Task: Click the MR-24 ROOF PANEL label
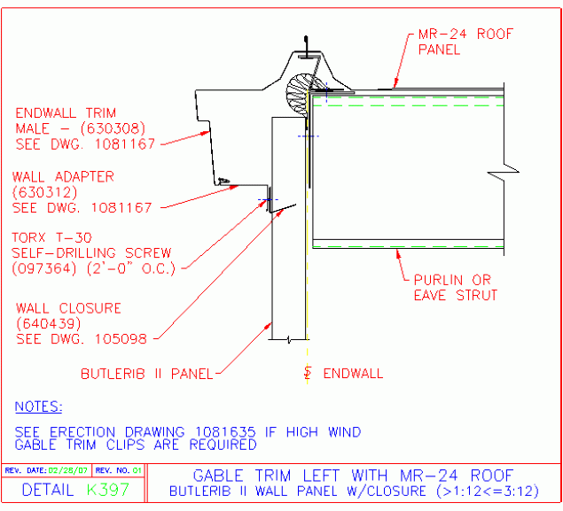pos(465,42)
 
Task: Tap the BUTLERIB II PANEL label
pos(146,374)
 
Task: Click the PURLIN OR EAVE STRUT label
pos(456,287)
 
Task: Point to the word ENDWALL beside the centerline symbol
pos(353,374)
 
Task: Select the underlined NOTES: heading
pos(38,406)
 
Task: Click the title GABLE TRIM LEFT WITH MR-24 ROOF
pos(353,476)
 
